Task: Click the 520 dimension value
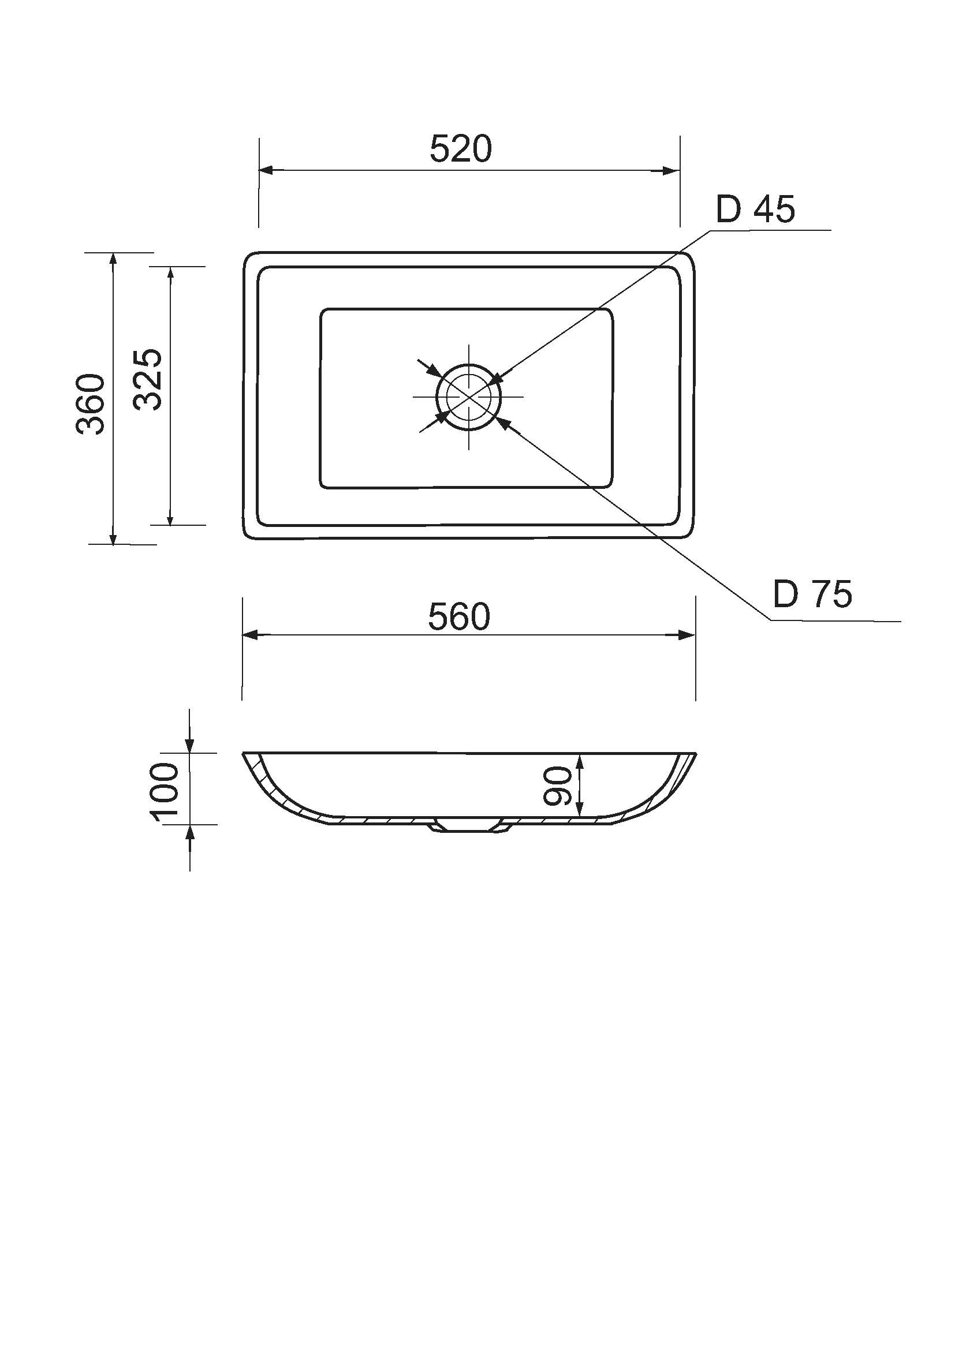click(x=460, y=149)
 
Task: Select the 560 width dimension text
click(x=458, y=618)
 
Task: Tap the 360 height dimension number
click(x=91, y=404)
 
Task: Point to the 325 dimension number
click(x=148, y=379)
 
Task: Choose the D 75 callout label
click(x=812, y=594)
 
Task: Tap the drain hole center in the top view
click(x=469, y=397)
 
